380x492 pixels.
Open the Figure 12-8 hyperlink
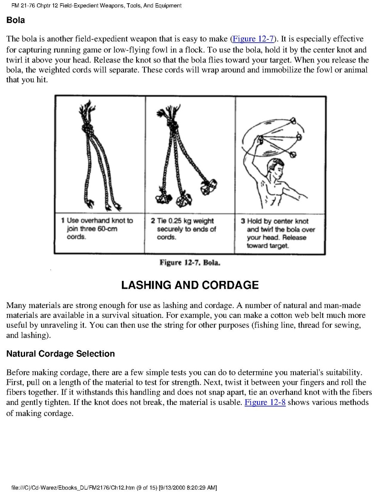coord(265,402)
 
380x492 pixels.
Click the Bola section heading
coord(15,20)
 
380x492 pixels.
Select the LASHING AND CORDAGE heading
coord(190,285)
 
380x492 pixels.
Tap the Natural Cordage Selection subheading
coord(60,354)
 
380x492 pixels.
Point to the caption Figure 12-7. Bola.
coord(190,262)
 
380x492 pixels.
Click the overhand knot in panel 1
coord(87,128)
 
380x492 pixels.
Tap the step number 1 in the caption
coord(63,221)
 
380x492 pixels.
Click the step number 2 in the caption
coord(153,221)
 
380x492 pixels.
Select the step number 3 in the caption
coord(243,221)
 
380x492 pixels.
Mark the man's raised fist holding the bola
coord(259,139)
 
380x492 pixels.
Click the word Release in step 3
coord(294,237)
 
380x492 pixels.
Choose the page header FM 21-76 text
coord(23,6)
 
